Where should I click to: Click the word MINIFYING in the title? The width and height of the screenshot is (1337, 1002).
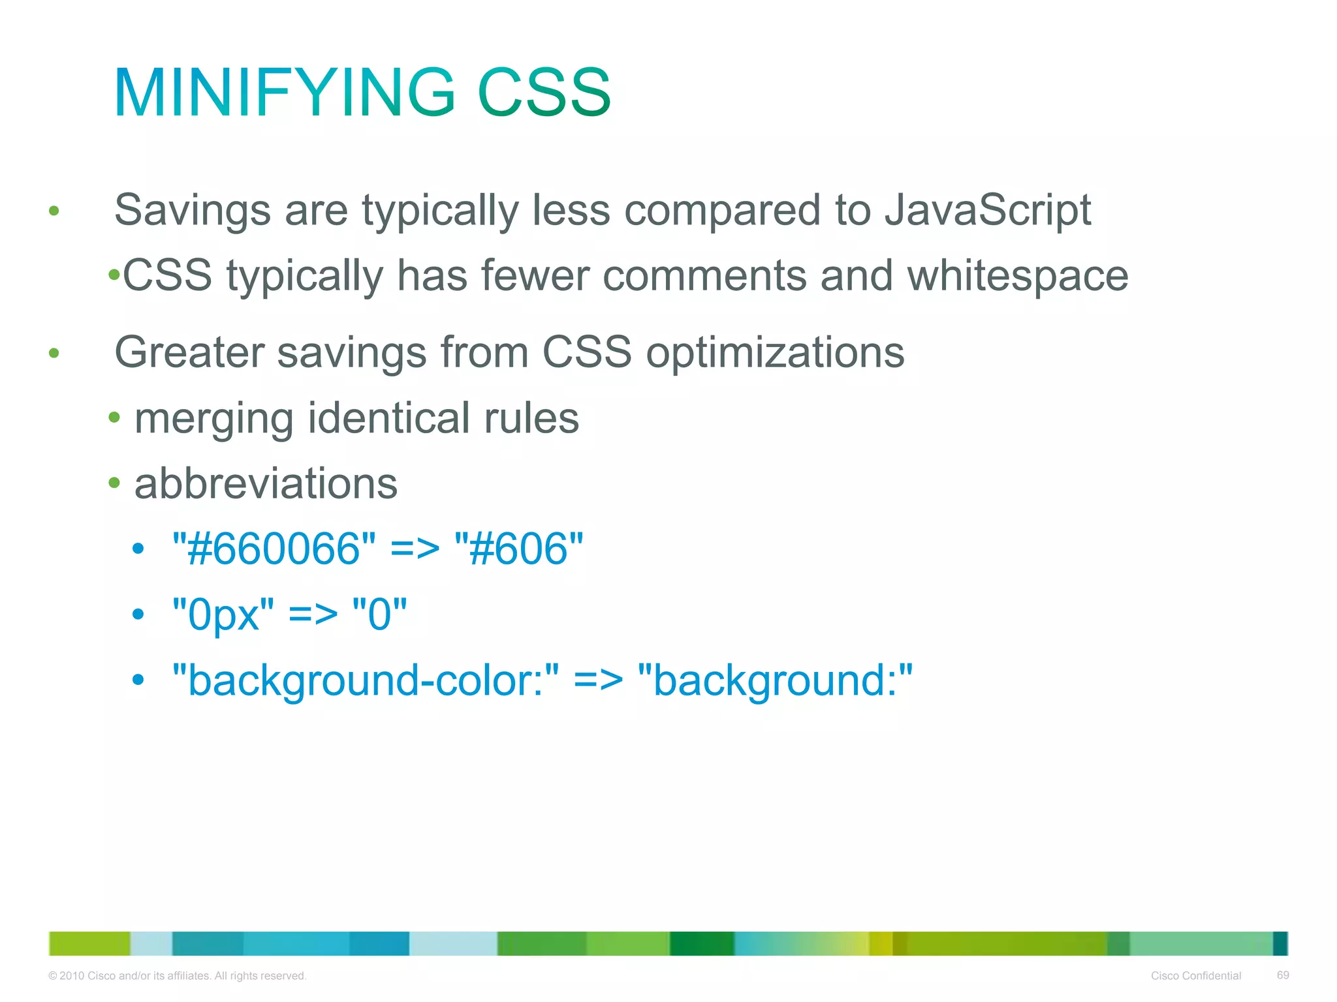click(285, 93)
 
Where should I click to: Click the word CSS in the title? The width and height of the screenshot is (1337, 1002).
click(544, 93)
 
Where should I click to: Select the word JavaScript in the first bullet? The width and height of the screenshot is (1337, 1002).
click(987, 210)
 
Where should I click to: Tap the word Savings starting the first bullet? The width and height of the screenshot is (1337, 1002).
click(192, 210)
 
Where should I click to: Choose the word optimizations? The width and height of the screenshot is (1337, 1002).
click(775, 352)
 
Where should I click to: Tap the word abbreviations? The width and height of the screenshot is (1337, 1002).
click(266, 484)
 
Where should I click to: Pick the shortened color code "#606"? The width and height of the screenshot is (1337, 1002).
click(519, 549)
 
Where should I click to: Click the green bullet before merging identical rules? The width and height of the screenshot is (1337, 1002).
click(114, 417)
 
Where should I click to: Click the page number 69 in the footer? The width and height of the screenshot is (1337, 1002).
click(1282, 975)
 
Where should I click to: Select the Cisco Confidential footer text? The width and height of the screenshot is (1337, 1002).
click(1195, 976)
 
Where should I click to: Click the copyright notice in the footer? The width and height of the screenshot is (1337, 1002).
click(177, 976)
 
